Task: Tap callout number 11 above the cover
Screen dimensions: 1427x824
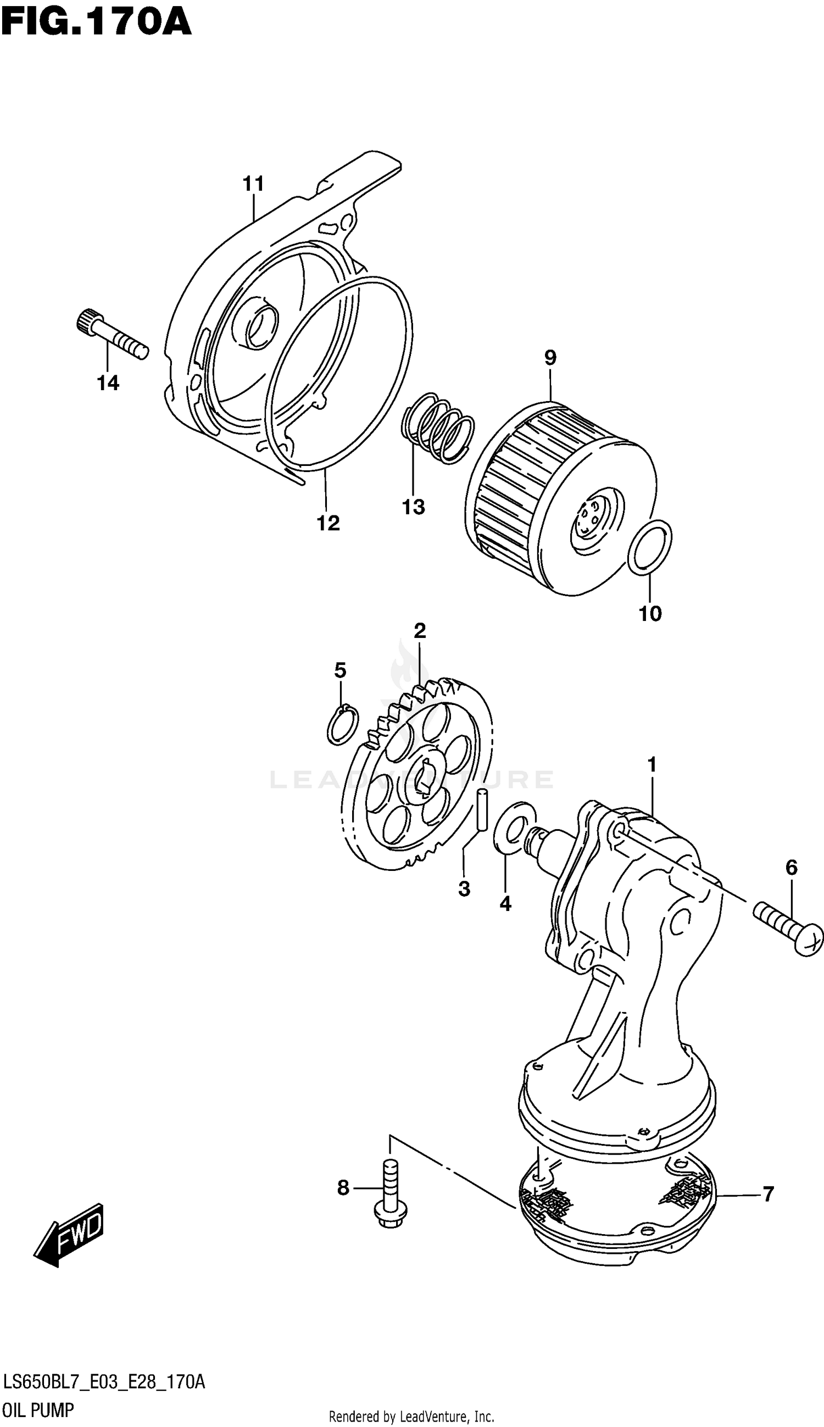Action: (254, 184)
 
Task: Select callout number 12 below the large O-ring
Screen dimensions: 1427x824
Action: (329, 523)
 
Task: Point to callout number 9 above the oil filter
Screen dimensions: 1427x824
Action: (550, 357)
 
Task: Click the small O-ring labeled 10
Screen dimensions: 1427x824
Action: (650, 548)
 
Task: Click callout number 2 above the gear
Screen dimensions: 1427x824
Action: (419, 630)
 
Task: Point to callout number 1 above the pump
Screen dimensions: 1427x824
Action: (652, 765)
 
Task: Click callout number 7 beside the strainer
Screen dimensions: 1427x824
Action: (767, 1194)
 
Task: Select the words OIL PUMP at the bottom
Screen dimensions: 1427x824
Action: (38, 1411)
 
